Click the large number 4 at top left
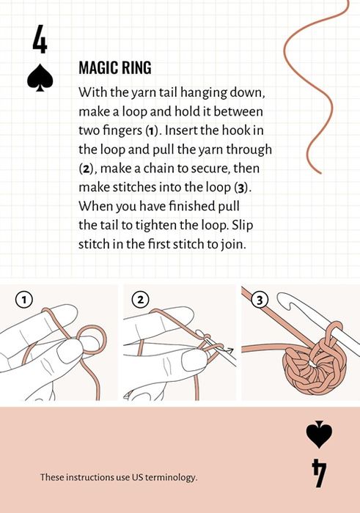coord(40,39)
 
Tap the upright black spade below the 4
coord(40,77)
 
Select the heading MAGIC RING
coord(115,67)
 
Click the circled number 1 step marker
coord(24,299)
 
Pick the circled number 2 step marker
coord(140,299)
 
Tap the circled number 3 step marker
coord(260,300)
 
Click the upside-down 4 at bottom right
coord(319,473)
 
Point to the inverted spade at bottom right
coord(319,435)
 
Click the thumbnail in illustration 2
coord(194,359)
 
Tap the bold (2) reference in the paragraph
coord(87,169)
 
